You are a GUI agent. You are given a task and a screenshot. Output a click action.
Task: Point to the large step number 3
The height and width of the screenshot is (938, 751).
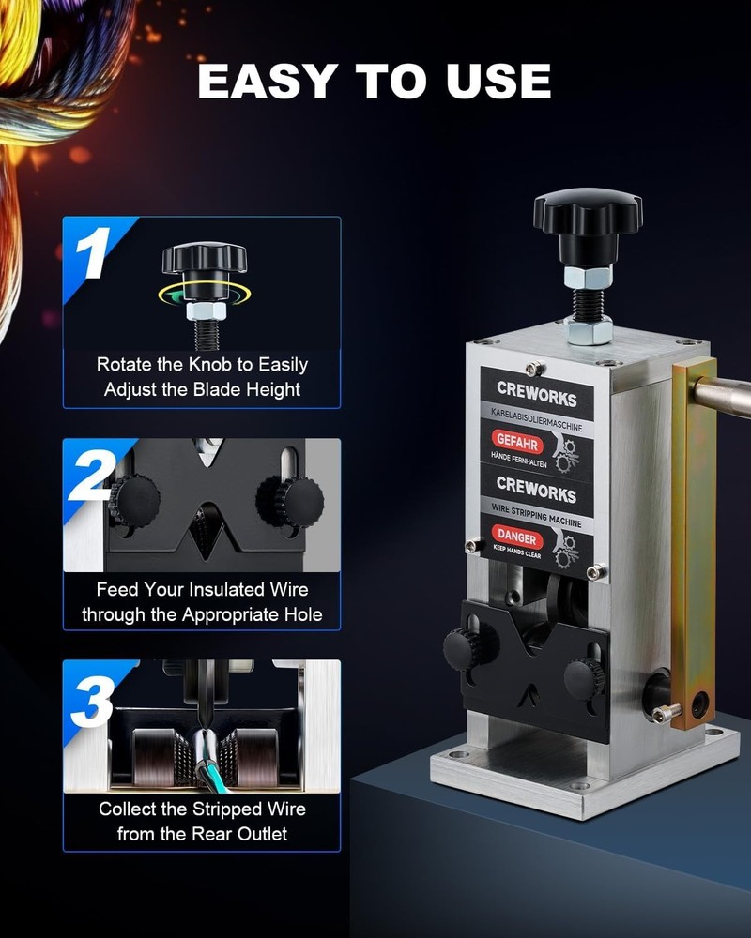coord(95,699)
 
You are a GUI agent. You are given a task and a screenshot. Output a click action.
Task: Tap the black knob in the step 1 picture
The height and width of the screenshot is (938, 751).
coord(204,258)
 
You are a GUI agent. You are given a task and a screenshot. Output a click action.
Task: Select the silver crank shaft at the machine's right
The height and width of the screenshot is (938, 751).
coord(727,396)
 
